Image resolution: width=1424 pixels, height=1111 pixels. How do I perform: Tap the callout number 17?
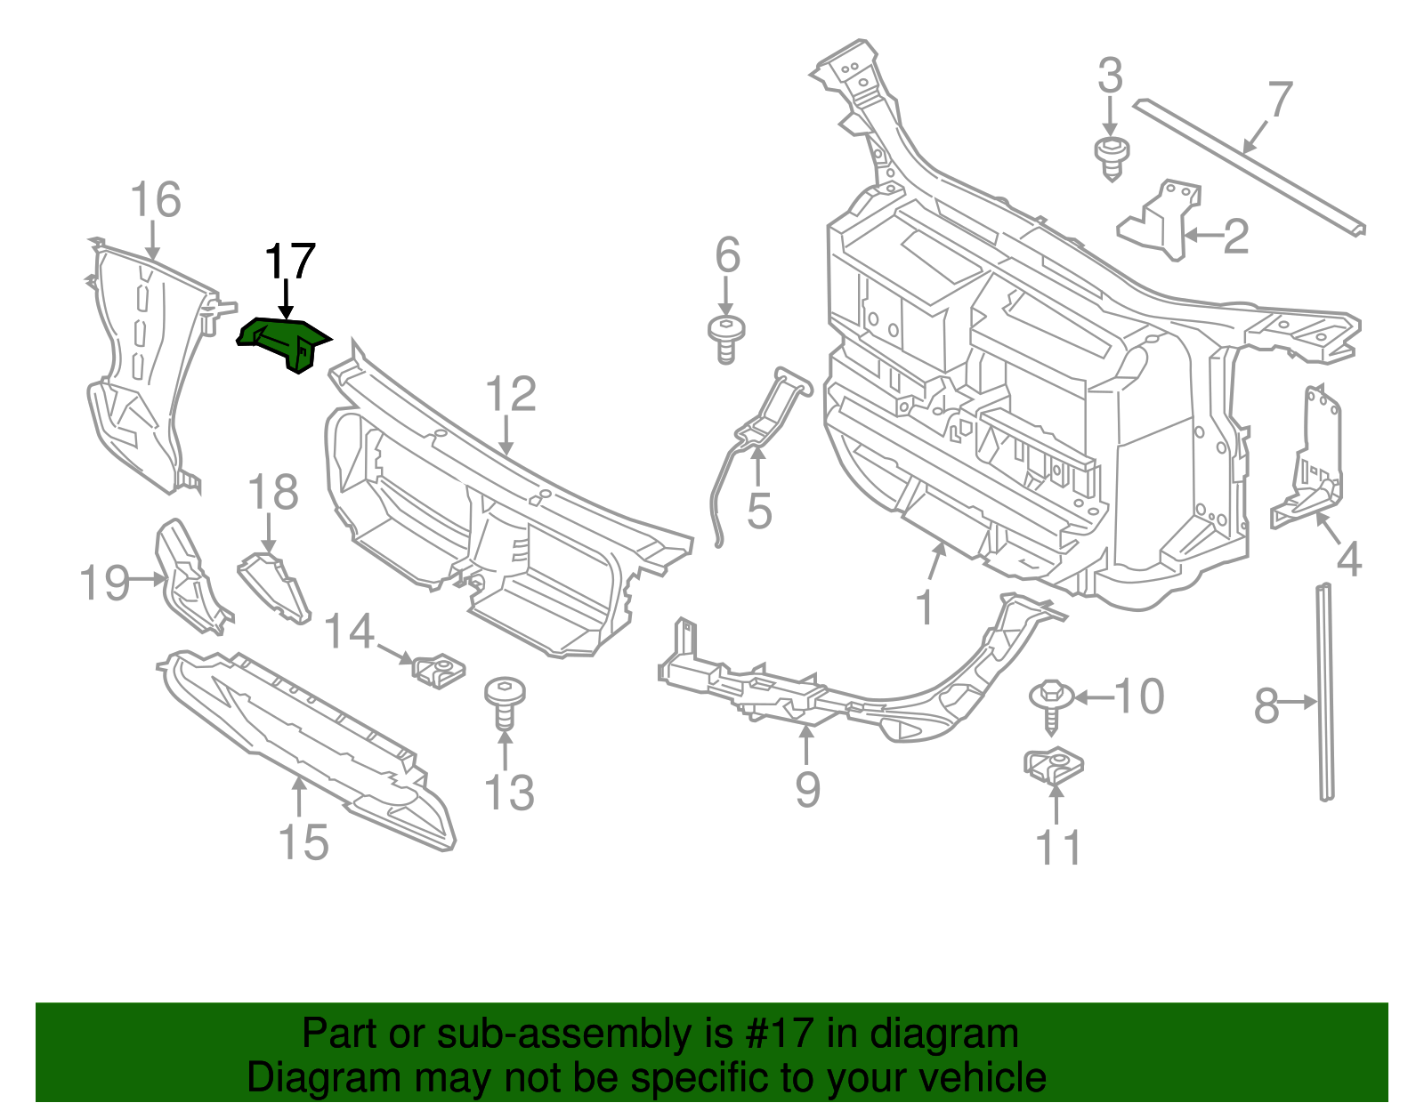coord(290,262)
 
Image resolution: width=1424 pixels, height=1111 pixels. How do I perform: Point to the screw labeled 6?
coord(726,338)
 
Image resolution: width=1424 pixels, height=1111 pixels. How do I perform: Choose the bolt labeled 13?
coord(504,703)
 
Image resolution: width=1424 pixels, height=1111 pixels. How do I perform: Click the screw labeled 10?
coord(1049,704)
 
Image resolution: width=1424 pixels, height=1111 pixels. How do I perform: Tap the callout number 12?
coord(512,395)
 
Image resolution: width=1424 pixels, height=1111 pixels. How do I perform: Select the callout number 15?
coord(303,841)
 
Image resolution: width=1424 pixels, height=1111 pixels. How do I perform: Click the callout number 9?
coord(807,789)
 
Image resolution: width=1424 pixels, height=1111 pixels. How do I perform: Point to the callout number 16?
coord(156,200)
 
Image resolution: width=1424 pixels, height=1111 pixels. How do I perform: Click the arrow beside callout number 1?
coord(936,562)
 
